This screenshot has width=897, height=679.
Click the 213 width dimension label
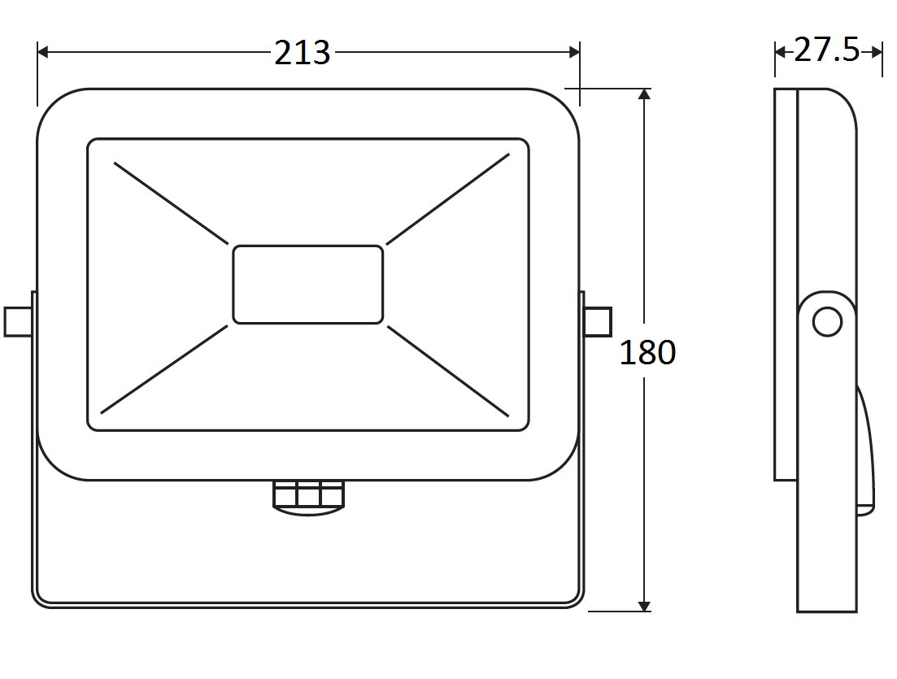click(x=302, y=53)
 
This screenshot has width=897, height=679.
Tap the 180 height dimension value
click(x=647, y=352)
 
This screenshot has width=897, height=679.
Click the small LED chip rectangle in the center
click(x=307, y=285)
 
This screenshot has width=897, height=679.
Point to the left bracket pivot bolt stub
click(x=18, y=321)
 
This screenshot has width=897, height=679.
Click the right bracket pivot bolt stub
click(x=599, y=321)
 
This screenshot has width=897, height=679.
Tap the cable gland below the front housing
click(x=308, y=498)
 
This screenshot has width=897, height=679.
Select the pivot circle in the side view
click(x=827, y=322)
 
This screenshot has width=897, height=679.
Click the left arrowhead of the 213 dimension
click(x=42, y=52)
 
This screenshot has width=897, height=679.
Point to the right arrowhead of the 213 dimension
click(x=574, y=52)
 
